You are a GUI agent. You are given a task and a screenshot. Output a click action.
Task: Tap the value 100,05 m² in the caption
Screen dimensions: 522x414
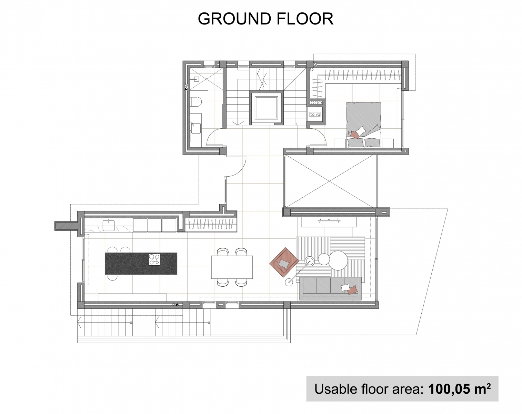pyautogui.click(x=460, y=389)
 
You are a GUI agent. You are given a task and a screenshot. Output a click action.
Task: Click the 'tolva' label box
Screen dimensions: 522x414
pyautogui.click(x=315, y=114)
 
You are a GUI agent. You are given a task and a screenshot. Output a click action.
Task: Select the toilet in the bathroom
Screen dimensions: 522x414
pyautogui.click(x=195, y=102)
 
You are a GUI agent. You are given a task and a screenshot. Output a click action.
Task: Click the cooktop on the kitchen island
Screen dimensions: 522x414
pyautogui.click(x=154, y=259)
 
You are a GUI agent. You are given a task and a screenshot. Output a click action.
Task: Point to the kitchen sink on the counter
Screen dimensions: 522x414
pyautogui.click(x=108, y=225)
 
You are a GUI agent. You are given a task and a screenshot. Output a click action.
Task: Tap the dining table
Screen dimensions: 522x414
pyautogui.click(x=232, y=267)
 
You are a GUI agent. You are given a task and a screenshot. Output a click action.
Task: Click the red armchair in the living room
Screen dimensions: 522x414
pyautogui.click(x=284, y=262)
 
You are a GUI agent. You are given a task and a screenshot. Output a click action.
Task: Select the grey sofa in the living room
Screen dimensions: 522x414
pyautogui.click(x=330, y=288)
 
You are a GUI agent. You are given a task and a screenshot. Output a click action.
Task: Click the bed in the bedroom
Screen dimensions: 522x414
pyautogui.click(x=363, y=125)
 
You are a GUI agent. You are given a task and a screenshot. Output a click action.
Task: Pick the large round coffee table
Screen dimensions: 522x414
pyautogui.click(x=338, y=260)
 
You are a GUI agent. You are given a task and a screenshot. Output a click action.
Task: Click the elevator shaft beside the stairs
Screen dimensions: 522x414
pyautogui.click(x=266, y=108)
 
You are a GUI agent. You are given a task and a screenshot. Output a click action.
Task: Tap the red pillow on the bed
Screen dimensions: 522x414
pyautogui.click(x=355, y=135)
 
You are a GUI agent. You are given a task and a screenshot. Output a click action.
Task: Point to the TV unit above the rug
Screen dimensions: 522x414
pyautogui.click(x=329, y=222)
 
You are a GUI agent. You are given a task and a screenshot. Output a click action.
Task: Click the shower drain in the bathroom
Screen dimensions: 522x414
pyautogui.click(x=206, y=79)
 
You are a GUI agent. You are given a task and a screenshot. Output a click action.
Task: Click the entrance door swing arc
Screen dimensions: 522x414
pyautogui.click(x=240, y=170)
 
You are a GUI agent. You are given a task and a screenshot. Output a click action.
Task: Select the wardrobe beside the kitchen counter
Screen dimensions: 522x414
pyautogui.click(x=211, y=224)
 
